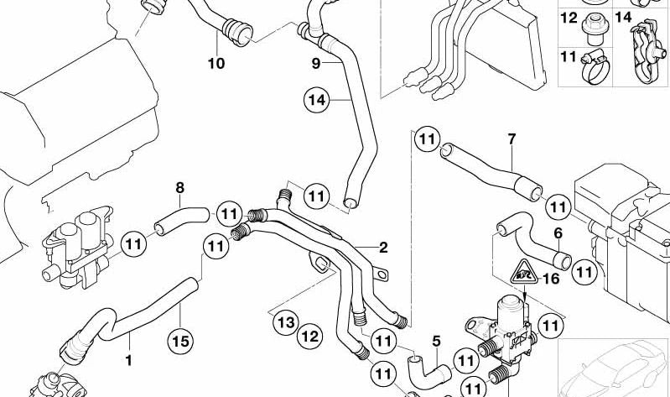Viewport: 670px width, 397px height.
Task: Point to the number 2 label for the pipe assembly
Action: point(383,248)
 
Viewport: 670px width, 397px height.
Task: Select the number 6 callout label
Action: point(558,232)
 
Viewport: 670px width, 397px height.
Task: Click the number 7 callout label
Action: point(512,138)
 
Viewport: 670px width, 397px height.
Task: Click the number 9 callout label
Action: point(315,63)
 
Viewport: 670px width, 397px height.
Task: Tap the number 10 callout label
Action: point(216,63)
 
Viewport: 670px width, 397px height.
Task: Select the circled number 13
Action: point(285,321)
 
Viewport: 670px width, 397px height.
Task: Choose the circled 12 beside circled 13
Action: point(310,337)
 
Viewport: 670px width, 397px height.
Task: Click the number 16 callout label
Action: point(551,280)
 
